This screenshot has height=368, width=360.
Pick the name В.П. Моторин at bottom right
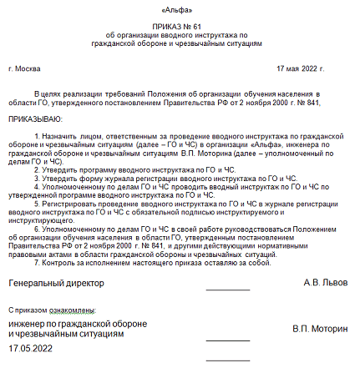[321, 329]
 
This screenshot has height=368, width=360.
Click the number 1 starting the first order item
[36, 135]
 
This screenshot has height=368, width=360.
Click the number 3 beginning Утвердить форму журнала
[36, 179]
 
